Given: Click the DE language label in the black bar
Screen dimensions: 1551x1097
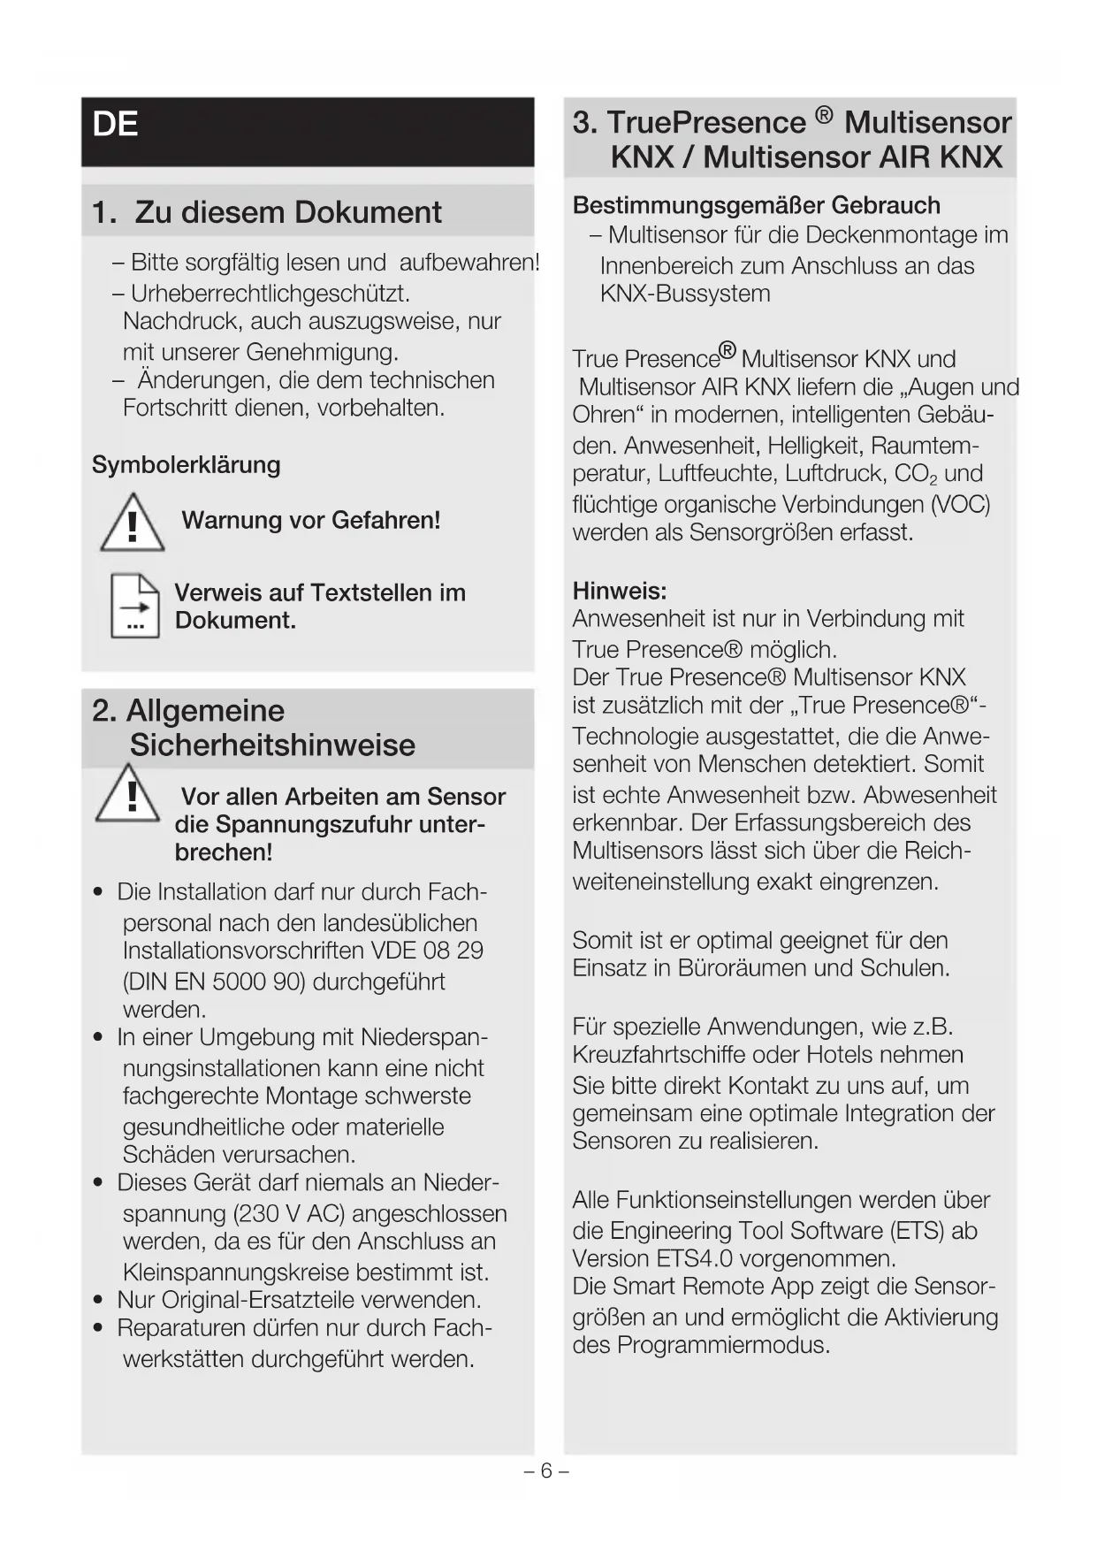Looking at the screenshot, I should tap(115, 125).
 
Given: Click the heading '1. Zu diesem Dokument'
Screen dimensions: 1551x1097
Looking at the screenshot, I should tap(266, 212).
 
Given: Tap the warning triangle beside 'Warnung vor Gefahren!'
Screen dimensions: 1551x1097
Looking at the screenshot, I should tap(133, 524).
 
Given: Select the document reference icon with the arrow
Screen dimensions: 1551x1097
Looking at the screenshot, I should tap(135, 607).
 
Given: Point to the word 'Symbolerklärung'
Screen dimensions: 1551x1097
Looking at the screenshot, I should tap(186, 465).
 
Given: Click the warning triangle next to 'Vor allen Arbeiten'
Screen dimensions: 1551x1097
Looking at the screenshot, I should tap(129, 797).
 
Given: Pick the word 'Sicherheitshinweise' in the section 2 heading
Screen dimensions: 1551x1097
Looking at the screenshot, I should tap(272, 745).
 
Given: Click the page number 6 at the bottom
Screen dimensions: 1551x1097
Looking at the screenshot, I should tap(546, 1471).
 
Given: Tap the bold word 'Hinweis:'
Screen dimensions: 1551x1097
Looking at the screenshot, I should tap(620, 590).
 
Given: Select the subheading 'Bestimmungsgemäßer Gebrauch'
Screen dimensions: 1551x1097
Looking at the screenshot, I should tap(756, 205).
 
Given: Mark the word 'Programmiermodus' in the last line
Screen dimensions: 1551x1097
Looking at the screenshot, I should tap(724, 1345).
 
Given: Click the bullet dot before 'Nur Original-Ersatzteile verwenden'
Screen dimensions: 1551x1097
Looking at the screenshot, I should tap(99, 1300).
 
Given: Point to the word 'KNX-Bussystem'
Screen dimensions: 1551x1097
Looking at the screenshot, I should tap(685, 294).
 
